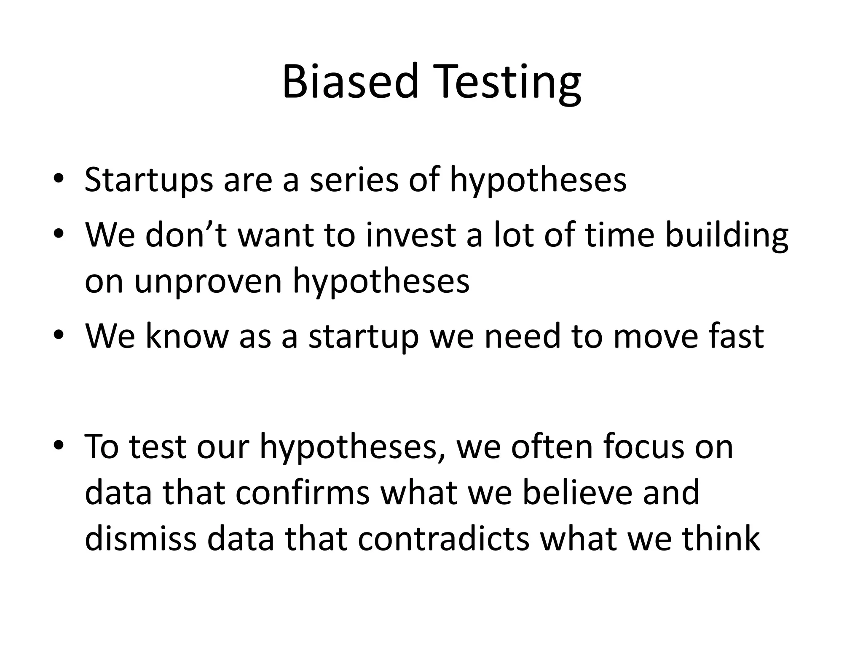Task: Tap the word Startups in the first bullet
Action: (148, 180)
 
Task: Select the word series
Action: (354, 180)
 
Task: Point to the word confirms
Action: (302, 493)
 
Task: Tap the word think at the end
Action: (721, 539)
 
